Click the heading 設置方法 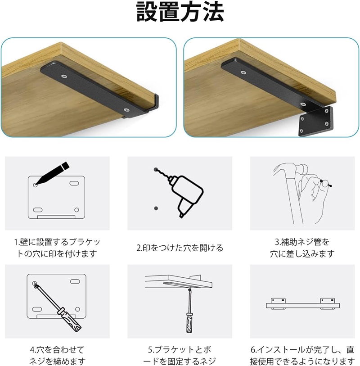click(180, 12)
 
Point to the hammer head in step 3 click(301, 170)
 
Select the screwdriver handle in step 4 click(70, 320)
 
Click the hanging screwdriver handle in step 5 click(189, 323)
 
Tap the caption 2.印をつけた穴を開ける click(180, 248)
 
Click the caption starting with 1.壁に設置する click(57, 248)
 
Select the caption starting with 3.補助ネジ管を click(302, 248)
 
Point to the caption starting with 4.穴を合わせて click(57, 355)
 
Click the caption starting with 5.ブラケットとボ click(180, 355)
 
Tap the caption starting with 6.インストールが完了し click(302, 355)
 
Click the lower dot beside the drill click(156, 208)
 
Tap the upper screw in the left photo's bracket click(64, 76)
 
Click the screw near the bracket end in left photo click(126, 109)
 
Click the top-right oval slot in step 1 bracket click(74, 183)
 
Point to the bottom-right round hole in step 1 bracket click(76, 210)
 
